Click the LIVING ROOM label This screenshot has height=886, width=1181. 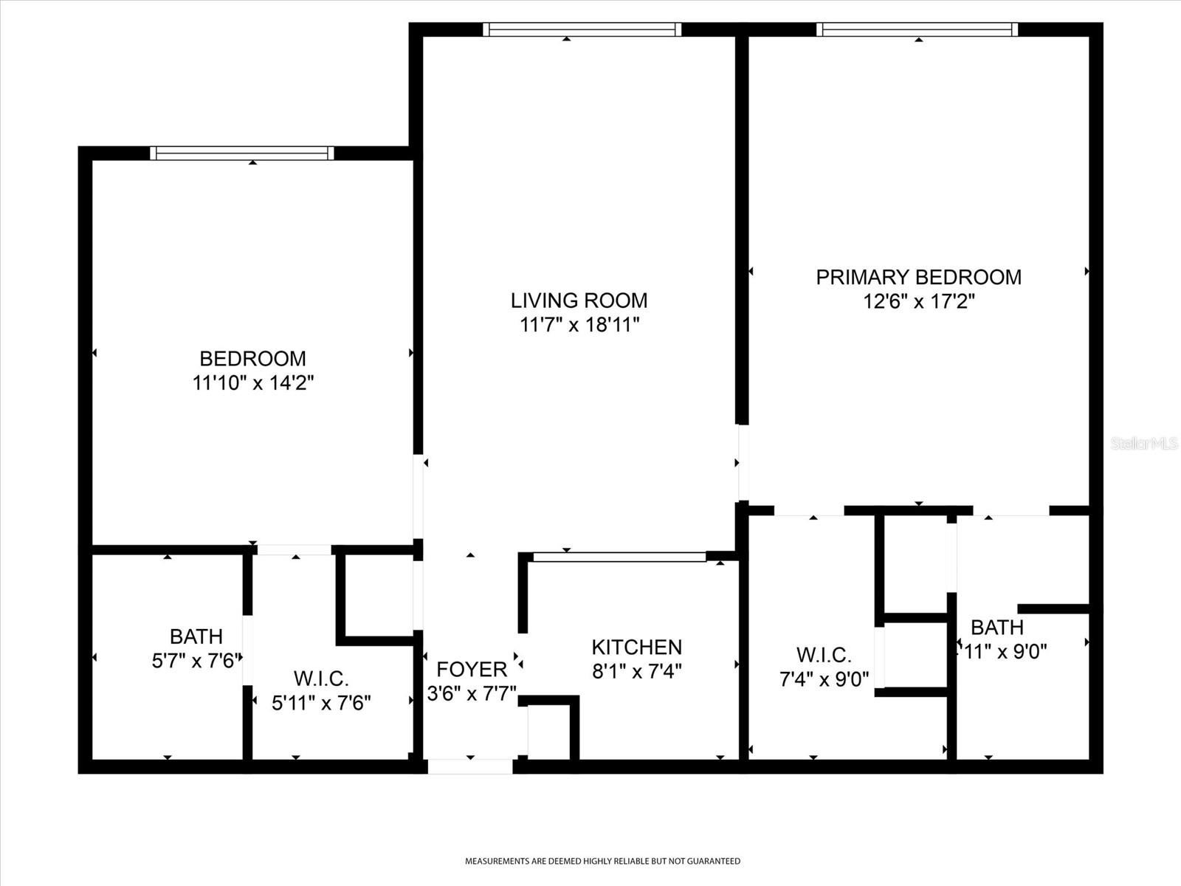click(x=579, y=301)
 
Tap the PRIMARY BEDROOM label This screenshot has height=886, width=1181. click(x=918, y=277)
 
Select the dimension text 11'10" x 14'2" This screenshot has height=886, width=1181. click(x=253, y=383)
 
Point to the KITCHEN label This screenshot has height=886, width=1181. click(x=636, y=648)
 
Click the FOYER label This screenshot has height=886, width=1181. click(x=472, y=670)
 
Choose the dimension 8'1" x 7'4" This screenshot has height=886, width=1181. click(x=636, y=671)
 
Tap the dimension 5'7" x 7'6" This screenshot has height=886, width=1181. click(x=196, y=660)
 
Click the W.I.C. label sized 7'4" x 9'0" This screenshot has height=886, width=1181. click(x=824, y=655)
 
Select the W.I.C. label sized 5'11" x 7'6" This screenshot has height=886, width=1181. click(x=321, y=679)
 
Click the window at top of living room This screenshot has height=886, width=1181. click(x=582, y=30)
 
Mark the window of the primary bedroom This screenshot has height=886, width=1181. click(x=917, y=30)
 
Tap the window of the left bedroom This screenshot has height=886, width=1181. click(x=241, y=153)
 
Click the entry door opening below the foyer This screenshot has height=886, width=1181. click(x=470, y=766)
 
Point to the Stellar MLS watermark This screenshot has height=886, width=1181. click(x=1143, y=444)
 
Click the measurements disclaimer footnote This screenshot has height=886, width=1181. click(x=602, y=861)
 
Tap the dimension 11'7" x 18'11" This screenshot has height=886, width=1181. click(x=579, y=325)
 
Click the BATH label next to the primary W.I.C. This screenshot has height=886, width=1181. click(x=996, y=628)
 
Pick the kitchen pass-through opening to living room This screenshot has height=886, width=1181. click(x=619, y=557)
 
